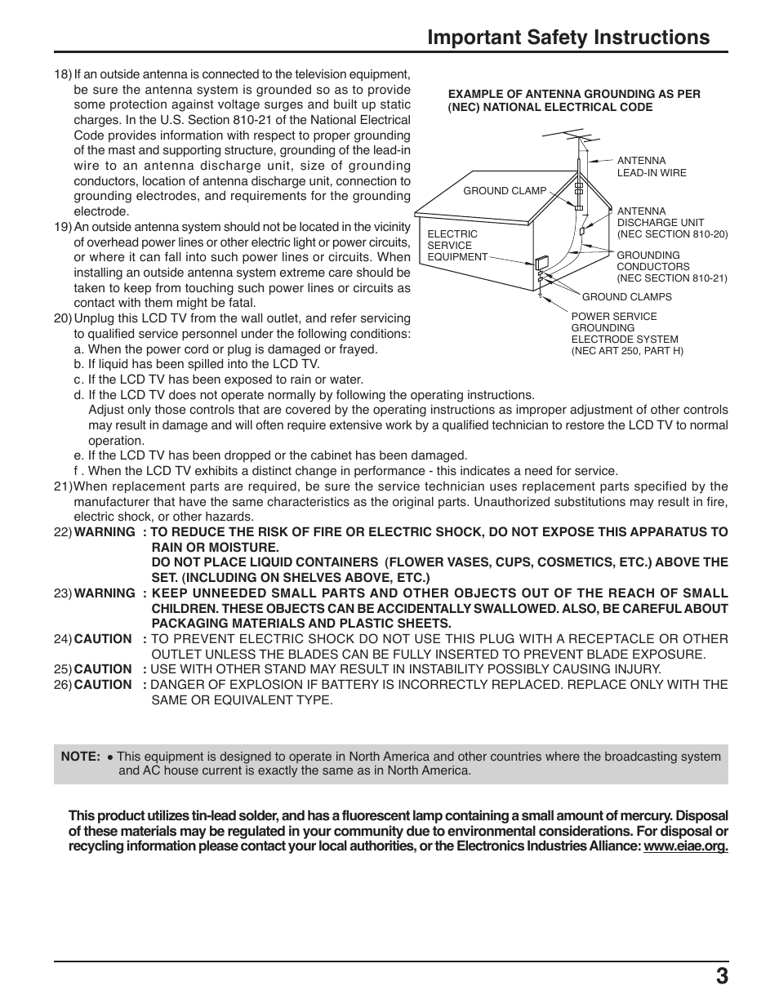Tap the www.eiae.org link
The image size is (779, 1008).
pos(685,846)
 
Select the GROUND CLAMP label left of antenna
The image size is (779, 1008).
pos(505,191)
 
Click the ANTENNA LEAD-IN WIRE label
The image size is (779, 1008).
pos(651,167)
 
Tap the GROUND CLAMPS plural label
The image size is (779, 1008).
pos(626,297)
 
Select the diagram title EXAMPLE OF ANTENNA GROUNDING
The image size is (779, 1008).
pos(574,100)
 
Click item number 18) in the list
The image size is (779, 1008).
pos(63,74)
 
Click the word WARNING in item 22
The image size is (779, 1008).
pos(105,532)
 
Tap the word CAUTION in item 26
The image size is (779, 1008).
pos(103,685)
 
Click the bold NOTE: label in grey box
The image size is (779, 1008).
pos(80,757)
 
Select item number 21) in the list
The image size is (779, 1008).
pos(63,486)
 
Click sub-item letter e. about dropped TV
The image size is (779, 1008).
pos(79,455)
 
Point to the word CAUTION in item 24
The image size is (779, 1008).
pos(103,639)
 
